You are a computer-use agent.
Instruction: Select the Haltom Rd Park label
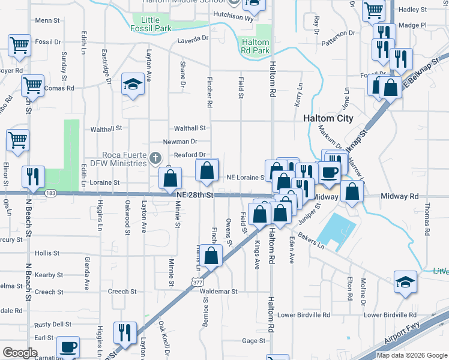pyautogui.click(x=256, y=46)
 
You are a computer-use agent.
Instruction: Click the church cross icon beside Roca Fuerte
pyautogui.click(x=155, y=158)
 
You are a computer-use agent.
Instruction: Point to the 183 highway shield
pyautogui.click(x=50, y=193)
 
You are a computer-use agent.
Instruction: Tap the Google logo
pyautogui.click(x=20, y=353)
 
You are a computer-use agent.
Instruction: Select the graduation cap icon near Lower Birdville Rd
pyautogui.click(x=405, y=282)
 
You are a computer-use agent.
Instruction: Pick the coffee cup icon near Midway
pyautogui.click(x=329, y=173)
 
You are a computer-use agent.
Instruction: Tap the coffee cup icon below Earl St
pyautogui.click(x=68, y=347)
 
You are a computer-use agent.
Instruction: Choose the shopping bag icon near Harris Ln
pyautogui.click(x=212, y=256)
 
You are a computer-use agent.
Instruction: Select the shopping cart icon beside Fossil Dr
pyautogui.click(x=19, y=45)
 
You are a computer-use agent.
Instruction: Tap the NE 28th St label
pyautogui.click(x=195, y=196)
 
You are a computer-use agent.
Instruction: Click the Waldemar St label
pyautogui.click(x=218, y=291)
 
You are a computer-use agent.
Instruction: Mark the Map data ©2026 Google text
pyautogui.click(x=411, y=355)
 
